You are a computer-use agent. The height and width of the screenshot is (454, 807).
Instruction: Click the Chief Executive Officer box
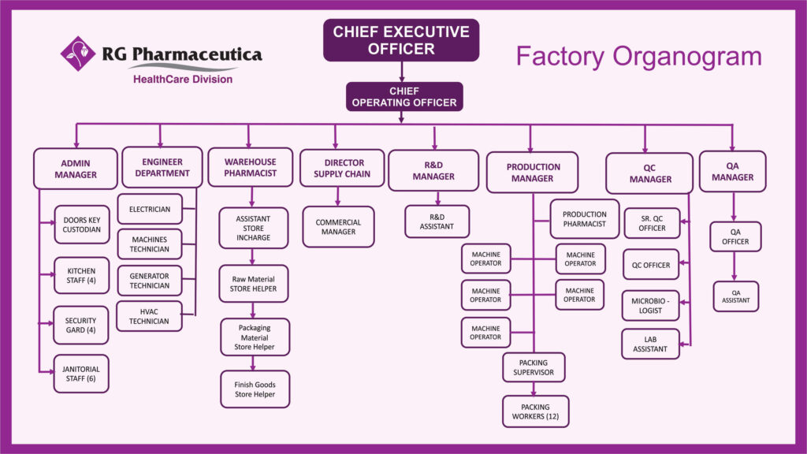click(400, 40)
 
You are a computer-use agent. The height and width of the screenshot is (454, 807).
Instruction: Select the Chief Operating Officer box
click(404, 96)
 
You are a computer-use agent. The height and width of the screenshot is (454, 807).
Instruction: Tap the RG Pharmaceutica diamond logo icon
click(78, 54)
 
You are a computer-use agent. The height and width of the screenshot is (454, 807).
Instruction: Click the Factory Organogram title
click(638, 56)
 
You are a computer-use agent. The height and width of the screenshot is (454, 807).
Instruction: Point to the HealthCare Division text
click(182, 79)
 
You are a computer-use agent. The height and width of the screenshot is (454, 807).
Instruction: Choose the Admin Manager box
click(76, 169)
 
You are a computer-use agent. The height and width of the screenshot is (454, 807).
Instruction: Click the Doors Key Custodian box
click(81, 224)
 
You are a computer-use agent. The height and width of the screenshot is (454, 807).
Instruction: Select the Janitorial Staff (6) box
click(81, 373)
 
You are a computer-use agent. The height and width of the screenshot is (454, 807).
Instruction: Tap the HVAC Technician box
click(149, 315)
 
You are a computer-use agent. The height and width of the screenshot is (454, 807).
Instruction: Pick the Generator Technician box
click(149, 280)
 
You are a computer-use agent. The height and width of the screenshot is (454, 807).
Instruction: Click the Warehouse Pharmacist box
click(250, 167)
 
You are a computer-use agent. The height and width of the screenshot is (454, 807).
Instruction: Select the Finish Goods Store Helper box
click(254, 389)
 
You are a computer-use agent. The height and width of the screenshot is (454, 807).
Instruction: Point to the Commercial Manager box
click(338, 227)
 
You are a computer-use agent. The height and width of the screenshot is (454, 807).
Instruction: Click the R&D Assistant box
click(437, 221)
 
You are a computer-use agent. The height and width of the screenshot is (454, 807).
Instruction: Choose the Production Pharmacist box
click(584, 219)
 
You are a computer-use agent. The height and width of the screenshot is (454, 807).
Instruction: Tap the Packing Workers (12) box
click(535, 411)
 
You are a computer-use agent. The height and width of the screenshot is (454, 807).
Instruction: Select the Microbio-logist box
click(650, 305)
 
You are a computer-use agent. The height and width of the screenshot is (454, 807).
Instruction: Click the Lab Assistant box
click(650, 344)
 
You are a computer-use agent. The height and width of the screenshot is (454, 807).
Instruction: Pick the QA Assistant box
click(735, 296)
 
